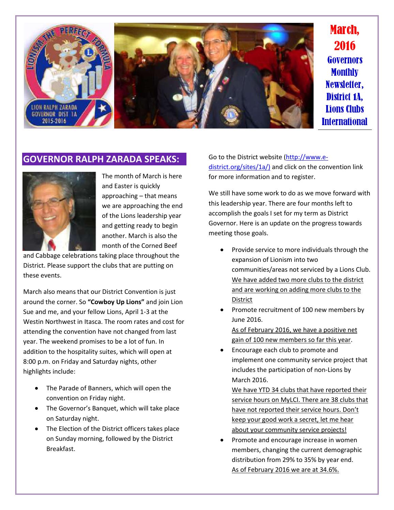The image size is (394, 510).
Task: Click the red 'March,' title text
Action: tap(344, 30)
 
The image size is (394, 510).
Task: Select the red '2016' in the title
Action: tap(344, 45)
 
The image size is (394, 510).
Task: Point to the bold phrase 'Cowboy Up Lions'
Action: tap(116, 302)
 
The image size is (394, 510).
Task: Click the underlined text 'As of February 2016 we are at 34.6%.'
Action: tap(285, 470)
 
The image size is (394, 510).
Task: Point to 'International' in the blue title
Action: tap(344, 121)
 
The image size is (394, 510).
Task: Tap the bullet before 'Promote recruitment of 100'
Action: tap(222, 310)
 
